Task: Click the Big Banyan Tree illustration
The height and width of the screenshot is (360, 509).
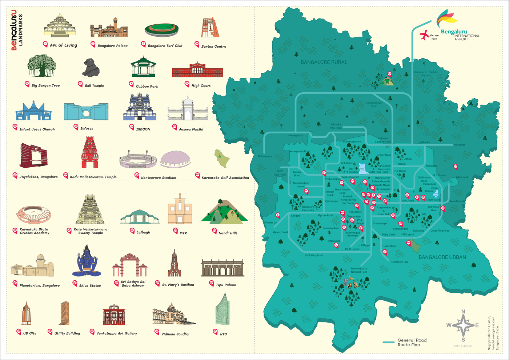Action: coord(42,66)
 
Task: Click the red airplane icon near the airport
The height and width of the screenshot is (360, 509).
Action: coord(424,35)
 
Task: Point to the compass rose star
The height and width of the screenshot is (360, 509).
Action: coord(463,325)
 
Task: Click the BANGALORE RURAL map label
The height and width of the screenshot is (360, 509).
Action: coord(324,62)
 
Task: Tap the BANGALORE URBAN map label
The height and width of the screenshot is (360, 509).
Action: coord(442,257)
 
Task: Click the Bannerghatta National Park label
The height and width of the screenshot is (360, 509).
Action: coord(359,270)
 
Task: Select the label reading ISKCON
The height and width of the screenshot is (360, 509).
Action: coord(143,129)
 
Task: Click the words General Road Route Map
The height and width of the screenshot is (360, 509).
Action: coord(412,342)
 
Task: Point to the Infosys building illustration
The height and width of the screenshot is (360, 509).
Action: coord(86,112)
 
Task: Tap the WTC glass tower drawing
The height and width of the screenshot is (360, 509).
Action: coord(222,310)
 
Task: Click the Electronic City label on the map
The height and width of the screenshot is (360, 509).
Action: coord(400,262)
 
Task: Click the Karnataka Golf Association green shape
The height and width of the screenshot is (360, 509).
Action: coord(221,158)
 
